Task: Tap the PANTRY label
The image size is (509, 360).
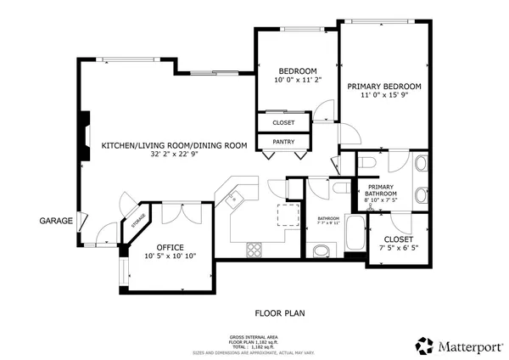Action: (x=284, y=142)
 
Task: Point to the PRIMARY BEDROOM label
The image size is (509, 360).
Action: (x=384, y=86)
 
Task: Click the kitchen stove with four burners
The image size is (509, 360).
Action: (x=254, y=250)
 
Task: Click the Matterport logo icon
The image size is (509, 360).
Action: (x=424, y=346)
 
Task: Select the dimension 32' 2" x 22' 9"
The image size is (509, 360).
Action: (x=174, y=155)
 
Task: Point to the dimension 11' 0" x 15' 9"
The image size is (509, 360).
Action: (x=384, y=96)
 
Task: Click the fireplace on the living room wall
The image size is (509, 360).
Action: (x=84, y=136)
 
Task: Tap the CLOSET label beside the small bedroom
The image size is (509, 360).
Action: (x=284, y=123)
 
